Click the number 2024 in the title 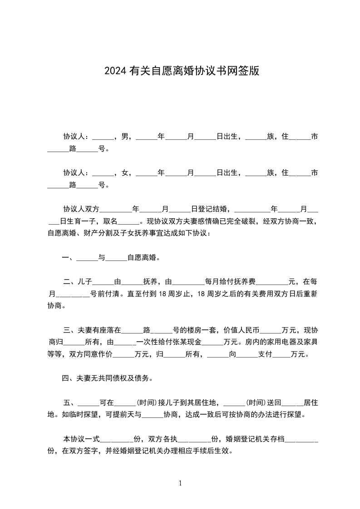[116, 71]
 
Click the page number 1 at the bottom [180, 483]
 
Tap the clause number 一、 [69, 258]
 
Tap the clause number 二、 [70, 282]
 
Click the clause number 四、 [69, 378]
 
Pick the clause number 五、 [70, 402]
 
